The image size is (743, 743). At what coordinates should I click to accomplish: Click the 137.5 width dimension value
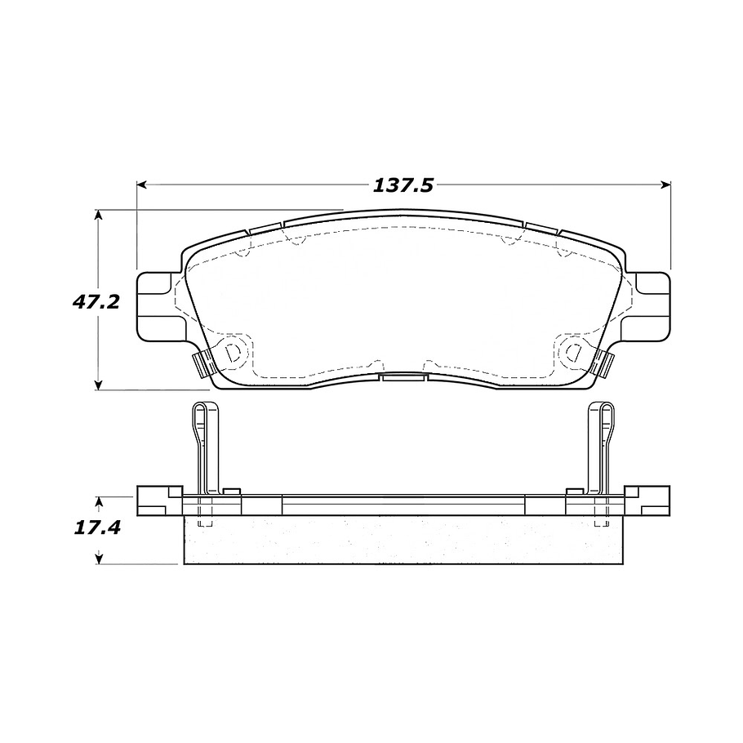(403, 185)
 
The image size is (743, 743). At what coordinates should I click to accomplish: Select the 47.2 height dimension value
(96, 301)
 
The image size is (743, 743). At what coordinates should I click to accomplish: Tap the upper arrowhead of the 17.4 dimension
(99, 500)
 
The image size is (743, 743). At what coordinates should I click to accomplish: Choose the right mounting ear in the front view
(653, 302)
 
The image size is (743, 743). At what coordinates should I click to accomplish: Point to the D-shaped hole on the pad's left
(234, 353)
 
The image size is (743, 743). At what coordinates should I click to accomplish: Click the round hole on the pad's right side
(572, 353)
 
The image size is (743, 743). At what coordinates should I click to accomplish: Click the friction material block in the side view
(403, 541)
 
